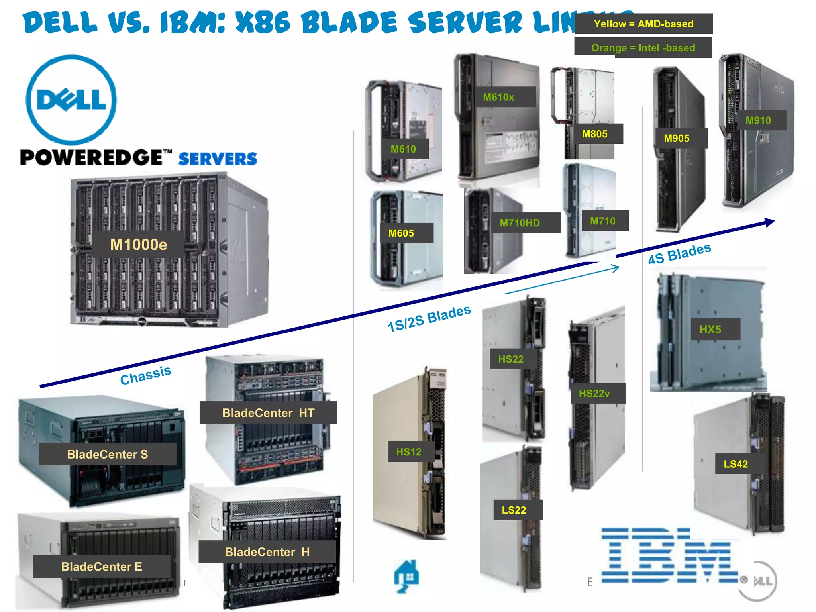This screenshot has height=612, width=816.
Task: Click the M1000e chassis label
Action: pos(138,245)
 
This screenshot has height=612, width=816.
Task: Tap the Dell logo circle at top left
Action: pos(71,100)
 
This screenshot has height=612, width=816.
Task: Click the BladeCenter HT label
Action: pos(268,413)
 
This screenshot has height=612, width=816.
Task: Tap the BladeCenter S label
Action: pos(108,454)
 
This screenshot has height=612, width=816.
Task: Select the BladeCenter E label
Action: pos(102,567)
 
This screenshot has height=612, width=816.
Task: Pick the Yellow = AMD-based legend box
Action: pos(643,24)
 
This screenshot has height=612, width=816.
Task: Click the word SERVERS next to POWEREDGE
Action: pos(218,159)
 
